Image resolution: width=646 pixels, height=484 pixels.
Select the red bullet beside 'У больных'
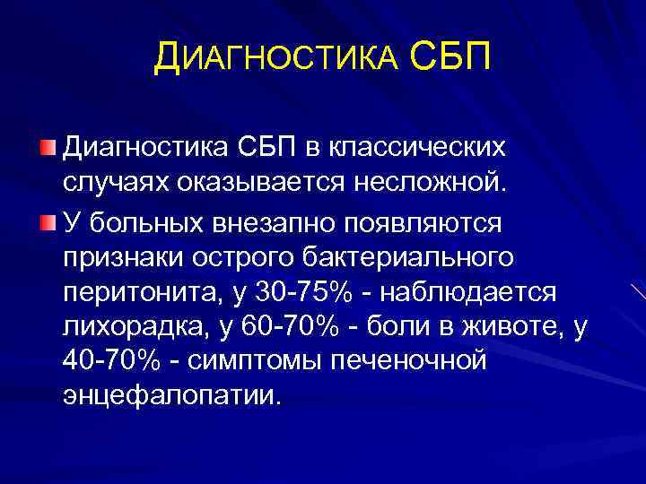click(48, 221)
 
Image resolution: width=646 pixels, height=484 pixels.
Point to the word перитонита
click(135, 296)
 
